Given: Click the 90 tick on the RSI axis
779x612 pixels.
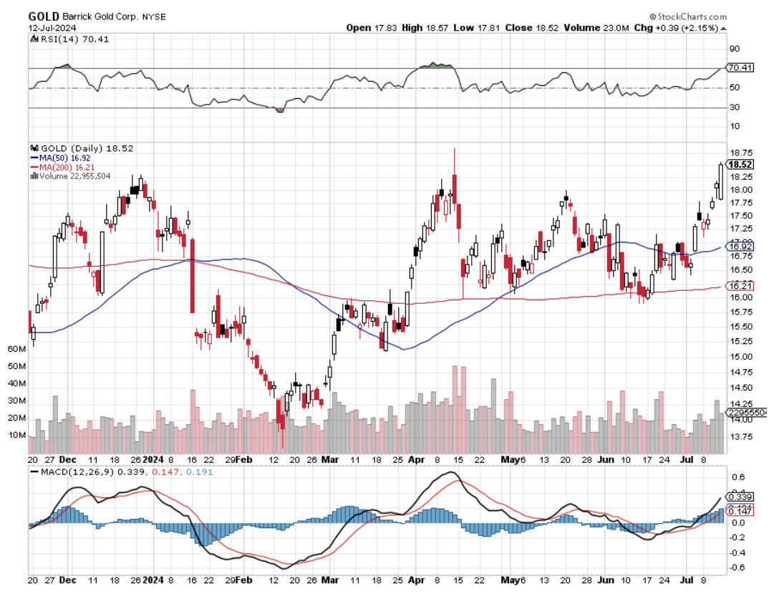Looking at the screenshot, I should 734,49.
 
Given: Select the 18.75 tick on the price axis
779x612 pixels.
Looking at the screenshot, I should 740,153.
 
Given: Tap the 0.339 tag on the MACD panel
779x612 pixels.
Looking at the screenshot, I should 739,497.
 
